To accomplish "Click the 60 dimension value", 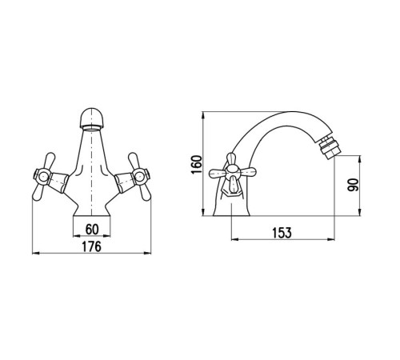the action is [92, 229].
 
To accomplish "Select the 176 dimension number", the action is [91, 246].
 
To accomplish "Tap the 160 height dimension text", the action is [197, 164].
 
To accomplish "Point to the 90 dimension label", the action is [353, 185].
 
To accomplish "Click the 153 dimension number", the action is [282, 233].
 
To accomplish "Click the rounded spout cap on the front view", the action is [92, 118].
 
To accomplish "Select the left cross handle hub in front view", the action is [42, 176].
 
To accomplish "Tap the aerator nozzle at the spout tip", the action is [327, 147].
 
